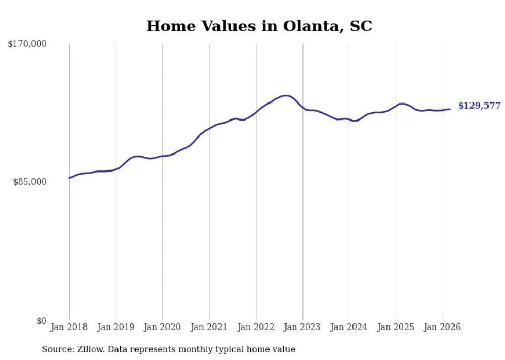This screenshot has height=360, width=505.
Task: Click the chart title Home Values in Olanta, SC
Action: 259,26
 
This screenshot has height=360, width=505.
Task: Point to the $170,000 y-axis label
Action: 27,44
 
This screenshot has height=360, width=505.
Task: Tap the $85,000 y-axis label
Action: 30,182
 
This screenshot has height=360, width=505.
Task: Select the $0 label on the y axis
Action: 41,321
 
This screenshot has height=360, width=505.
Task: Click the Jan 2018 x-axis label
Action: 69,327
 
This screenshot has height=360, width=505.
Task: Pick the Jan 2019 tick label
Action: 116,327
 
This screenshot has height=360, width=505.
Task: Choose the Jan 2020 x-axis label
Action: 162,327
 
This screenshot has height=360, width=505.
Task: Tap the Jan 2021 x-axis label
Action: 209,327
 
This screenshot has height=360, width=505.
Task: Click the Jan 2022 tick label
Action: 256,327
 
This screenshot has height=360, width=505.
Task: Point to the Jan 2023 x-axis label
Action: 302,327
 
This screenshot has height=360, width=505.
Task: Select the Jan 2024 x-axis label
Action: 349,327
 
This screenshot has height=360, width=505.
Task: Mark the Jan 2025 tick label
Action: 396,327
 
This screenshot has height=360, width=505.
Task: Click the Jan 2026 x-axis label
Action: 443,327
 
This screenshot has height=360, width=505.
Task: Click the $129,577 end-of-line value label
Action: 479,106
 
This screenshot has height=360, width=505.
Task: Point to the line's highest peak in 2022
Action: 286,95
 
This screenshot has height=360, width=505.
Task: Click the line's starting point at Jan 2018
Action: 69,178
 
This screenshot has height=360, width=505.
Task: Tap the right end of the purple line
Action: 450,109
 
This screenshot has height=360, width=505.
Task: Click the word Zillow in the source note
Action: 87,349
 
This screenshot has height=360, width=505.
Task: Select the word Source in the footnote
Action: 56,349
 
